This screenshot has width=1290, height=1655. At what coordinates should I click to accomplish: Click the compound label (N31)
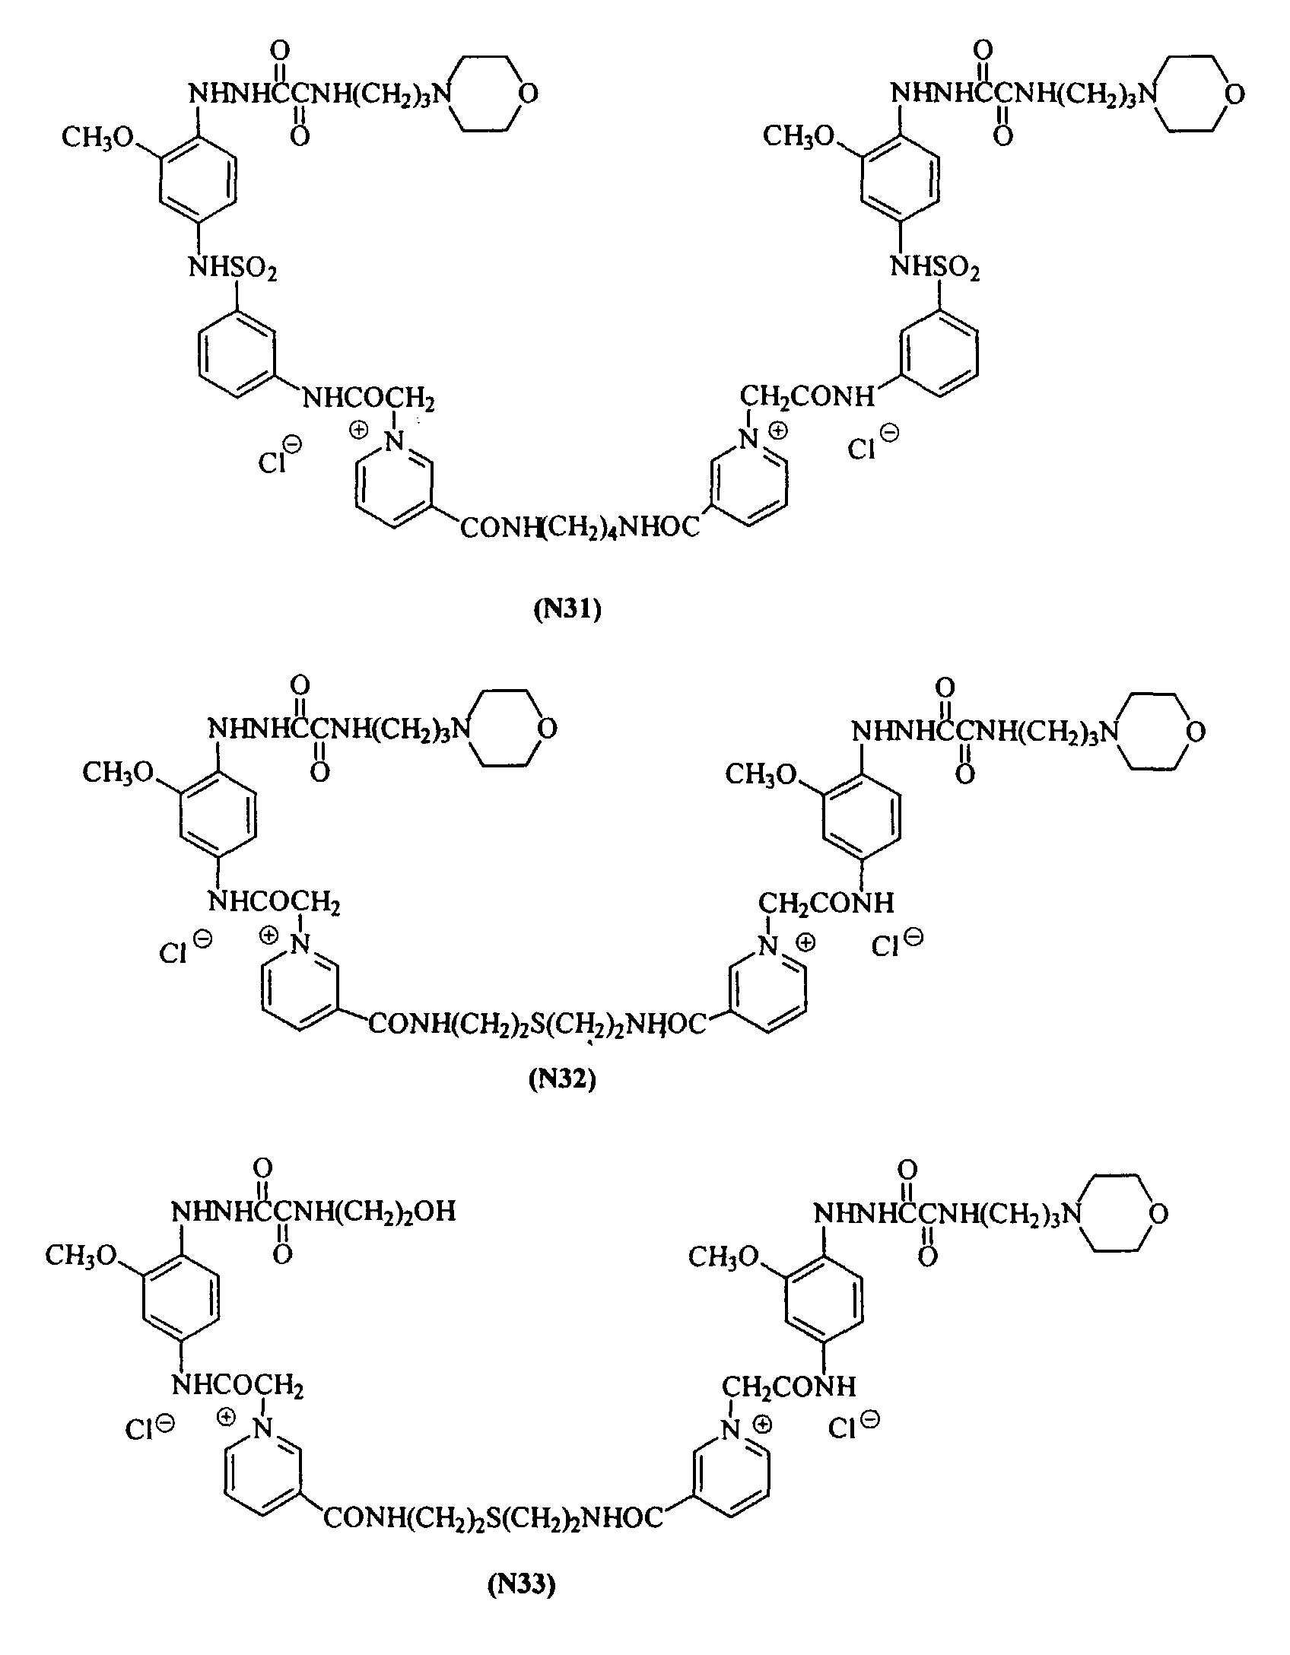[567, 611]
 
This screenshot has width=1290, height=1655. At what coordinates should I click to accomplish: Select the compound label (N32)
[562, 1080]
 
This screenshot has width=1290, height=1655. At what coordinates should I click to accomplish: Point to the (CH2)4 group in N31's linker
[580, 527]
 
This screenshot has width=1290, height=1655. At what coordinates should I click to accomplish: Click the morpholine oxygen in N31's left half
[527, 94]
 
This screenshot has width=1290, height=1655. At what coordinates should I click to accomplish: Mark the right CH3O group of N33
[724, 1257]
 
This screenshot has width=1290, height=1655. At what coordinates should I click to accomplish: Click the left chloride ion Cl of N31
[272, 462]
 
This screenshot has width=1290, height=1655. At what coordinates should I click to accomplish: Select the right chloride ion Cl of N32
[886, 948]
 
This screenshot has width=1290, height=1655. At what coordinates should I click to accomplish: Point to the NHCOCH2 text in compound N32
[274, 904]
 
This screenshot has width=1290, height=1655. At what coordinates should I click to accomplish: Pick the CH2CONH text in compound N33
[788, 1387]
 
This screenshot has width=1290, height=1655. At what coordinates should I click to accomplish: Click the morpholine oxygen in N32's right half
[1196, 733]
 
